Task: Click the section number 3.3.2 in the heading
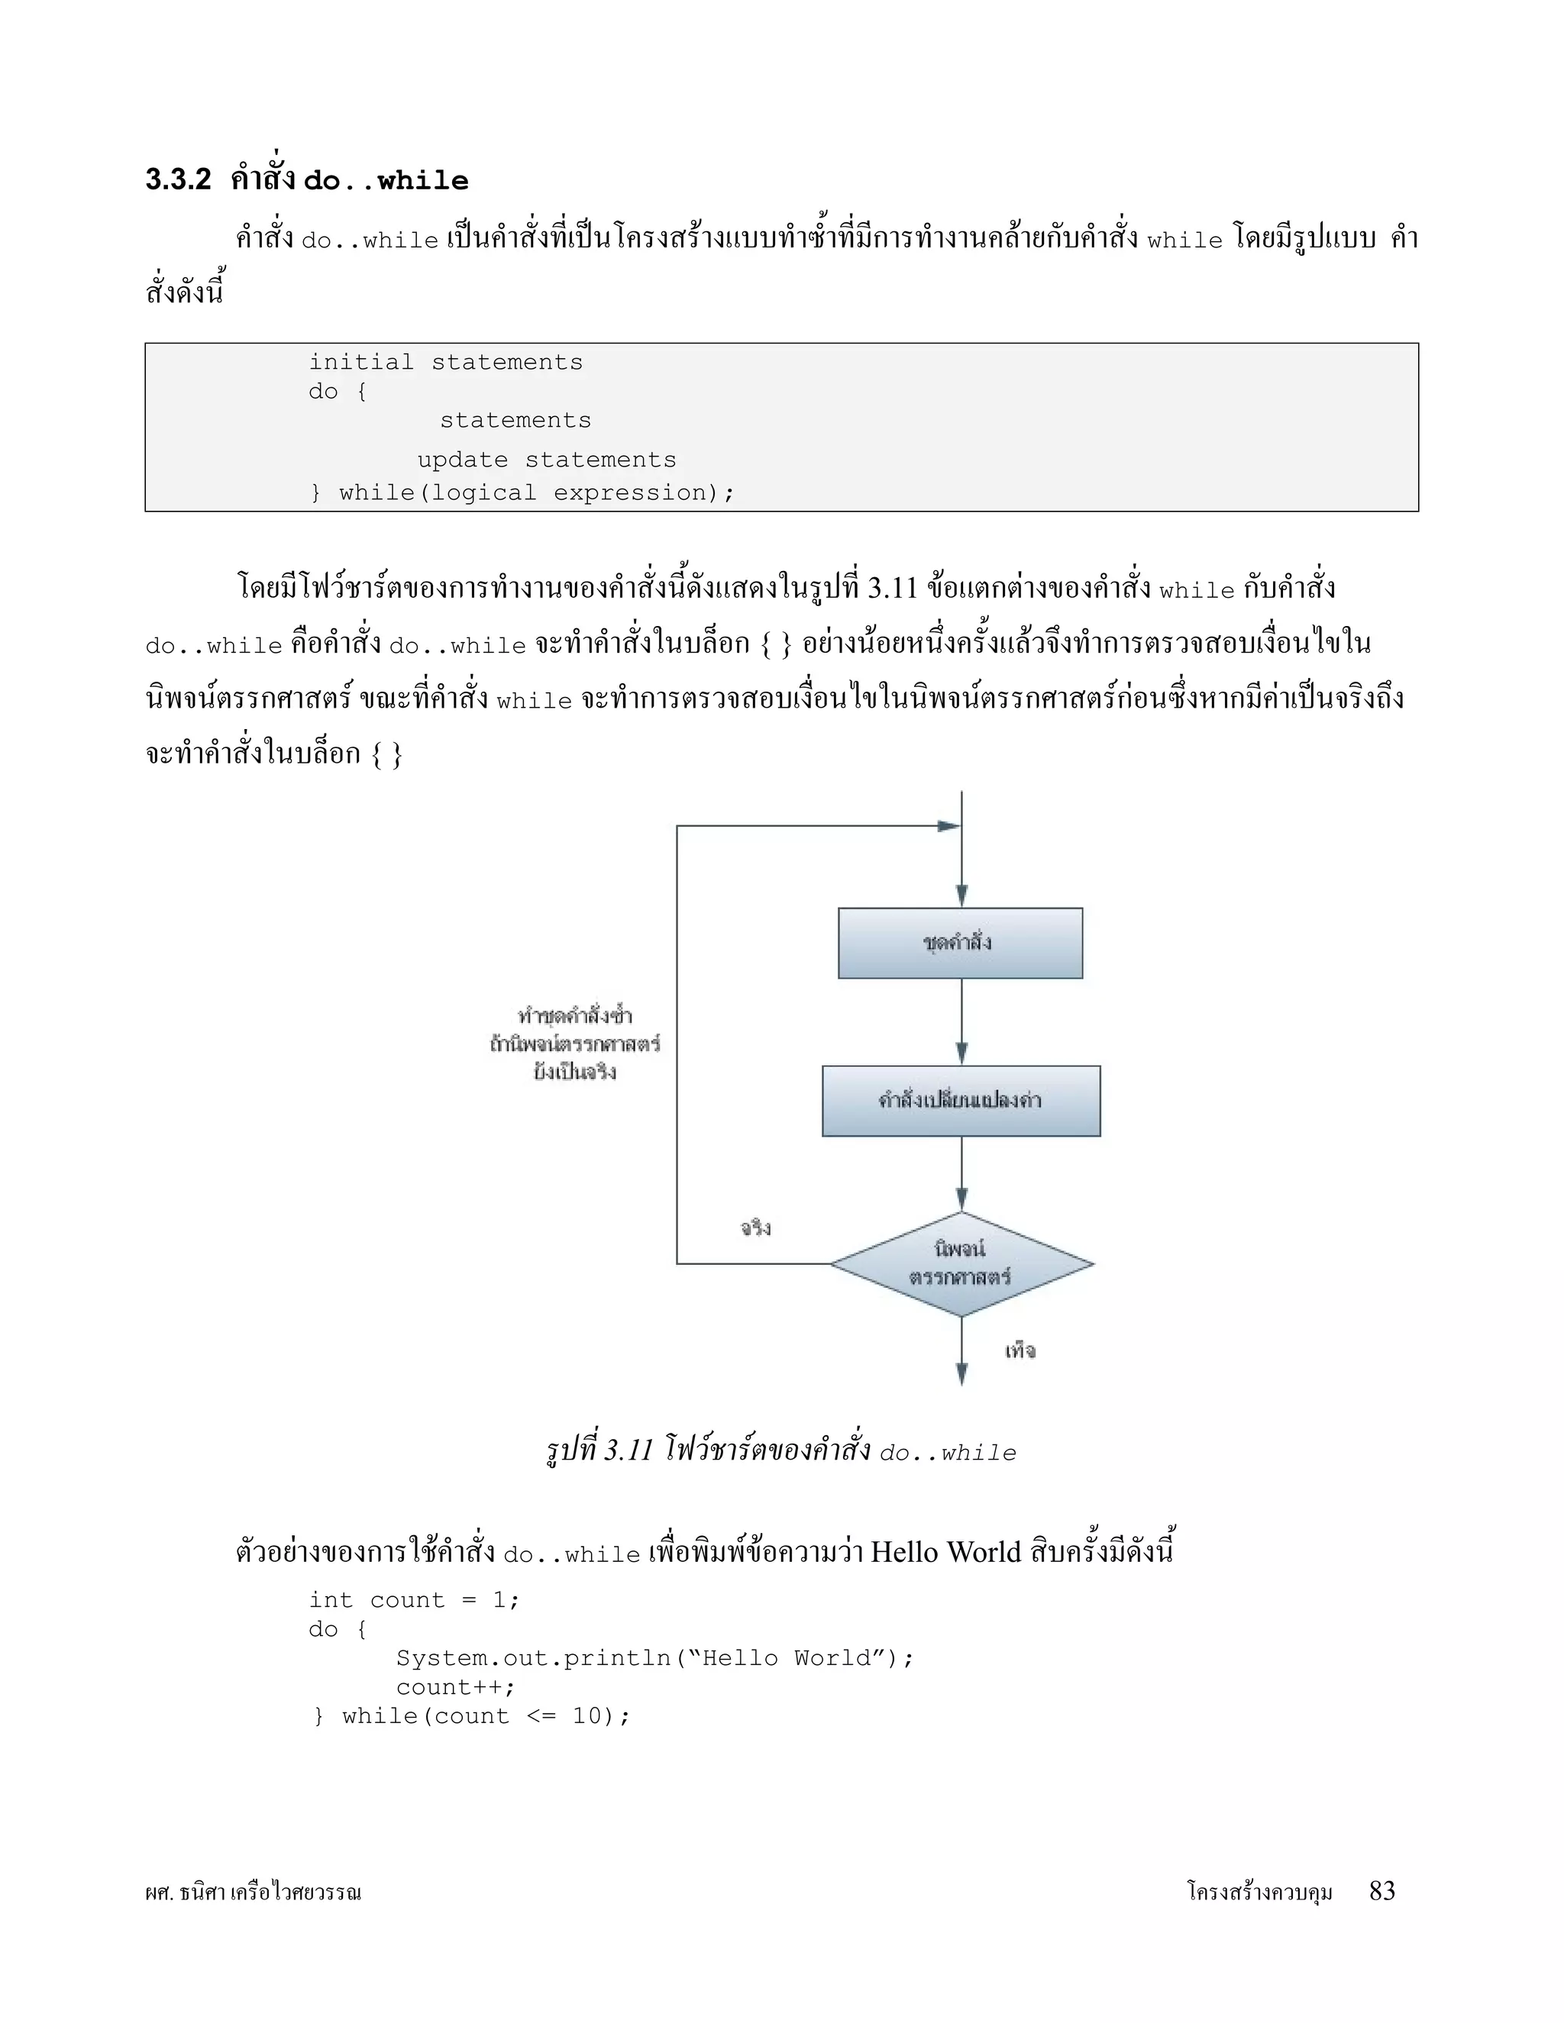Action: (178, 179)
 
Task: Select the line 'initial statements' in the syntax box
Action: (446, 362)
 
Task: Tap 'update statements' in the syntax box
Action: (547, 460)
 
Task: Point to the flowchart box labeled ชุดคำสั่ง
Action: (960, 943)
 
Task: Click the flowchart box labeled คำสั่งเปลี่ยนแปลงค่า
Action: (961, 1100)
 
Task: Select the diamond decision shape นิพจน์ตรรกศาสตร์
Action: (961, 1263)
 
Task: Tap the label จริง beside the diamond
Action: (755, 1228)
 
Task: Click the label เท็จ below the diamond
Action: (1020, 1350)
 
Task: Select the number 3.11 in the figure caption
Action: (629, 1450)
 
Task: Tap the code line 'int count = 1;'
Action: (414, 1601)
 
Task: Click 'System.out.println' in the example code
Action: (533, 1658)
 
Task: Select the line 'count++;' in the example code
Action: (455, 1687)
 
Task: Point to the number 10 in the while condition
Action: (586, 1716)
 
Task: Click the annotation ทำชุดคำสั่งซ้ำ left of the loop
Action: (574, 1016)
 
